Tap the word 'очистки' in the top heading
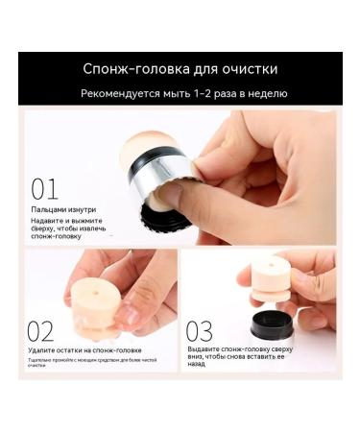coord(252,69)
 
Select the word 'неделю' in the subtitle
coord(268,93)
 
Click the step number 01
coord(44,188)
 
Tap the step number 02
coord(40,331)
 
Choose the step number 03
coord(199,331)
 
